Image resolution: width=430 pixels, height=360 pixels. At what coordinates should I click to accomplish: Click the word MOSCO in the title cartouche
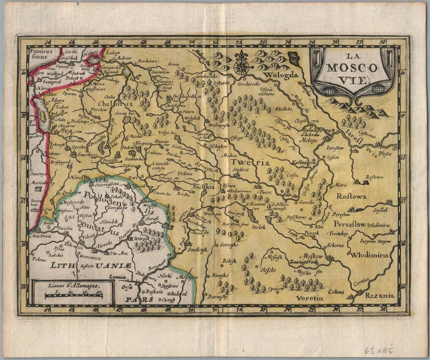coord(352,68)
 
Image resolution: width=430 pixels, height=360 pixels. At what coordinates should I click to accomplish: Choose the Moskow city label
coord(313,256)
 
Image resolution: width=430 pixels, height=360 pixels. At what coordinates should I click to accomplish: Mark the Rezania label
coord(380,296)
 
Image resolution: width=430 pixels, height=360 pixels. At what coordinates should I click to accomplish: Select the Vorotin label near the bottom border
coord(309,298)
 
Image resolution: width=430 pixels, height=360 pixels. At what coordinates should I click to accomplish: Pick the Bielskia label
coord(203,187)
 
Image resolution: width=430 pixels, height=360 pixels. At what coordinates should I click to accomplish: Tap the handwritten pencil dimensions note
coord(379,349)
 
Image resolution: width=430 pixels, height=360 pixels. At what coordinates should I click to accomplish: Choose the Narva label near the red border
coord(38,88)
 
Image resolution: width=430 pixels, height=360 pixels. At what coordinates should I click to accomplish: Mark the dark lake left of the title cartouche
coord(294,59)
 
